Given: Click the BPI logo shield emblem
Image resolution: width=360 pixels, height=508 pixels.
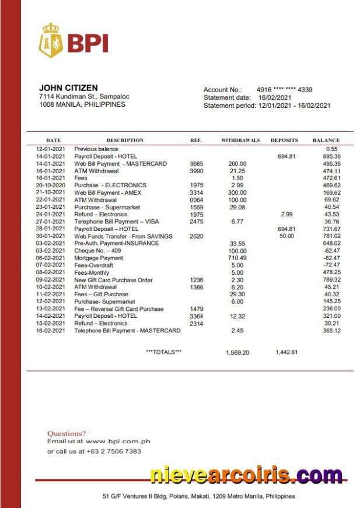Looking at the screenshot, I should click(51, 40).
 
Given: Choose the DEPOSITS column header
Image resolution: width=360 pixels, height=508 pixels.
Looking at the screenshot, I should click(284, 141).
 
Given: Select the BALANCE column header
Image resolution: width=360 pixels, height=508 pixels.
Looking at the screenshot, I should click(326, 141).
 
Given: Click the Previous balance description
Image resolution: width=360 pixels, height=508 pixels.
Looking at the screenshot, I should click(96, 149).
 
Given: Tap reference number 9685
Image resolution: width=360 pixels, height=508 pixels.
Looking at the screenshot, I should click(197, 164).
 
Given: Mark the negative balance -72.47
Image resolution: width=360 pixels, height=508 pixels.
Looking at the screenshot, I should click(331, 265).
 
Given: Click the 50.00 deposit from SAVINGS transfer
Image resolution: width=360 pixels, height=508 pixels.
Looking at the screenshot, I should click(286, 236).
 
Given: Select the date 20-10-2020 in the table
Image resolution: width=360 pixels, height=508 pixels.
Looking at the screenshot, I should click(50, 185).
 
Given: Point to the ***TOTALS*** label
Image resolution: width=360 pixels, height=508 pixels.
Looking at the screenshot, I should click(163, 352).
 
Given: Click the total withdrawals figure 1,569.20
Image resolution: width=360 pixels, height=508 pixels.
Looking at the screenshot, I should click(237, 352).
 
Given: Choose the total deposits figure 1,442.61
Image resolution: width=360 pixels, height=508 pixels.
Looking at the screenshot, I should click(286, 352).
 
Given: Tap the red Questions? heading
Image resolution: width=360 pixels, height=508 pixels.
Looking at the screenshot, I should click(66, 433).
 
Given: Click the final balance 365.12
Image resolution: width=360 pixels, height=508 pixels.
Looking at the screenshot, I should click(331, 331).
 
